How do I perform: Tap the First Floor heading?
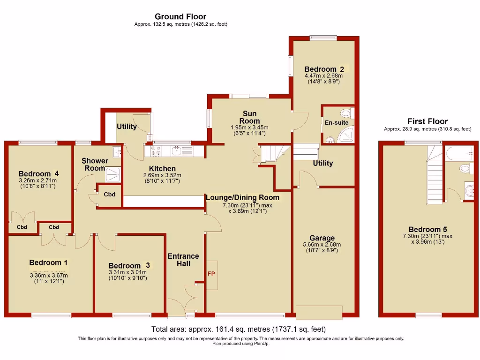427,121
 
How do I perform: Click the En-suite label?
336,123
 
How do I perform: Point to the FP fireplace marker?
211,273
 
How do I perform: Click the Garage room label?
322,238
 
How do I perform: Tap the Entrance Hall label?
183,260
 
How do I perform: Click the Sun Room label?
249,117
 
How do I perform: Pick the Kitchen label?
162,169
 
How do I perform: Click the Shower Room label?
95,164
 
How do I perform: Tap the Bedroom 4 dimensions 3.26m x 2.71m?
37,180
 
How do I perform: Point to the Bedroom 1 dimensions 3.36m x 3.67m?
49,275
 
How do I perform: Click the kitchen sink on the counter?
177,150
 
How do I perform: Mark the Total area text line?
238,329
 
